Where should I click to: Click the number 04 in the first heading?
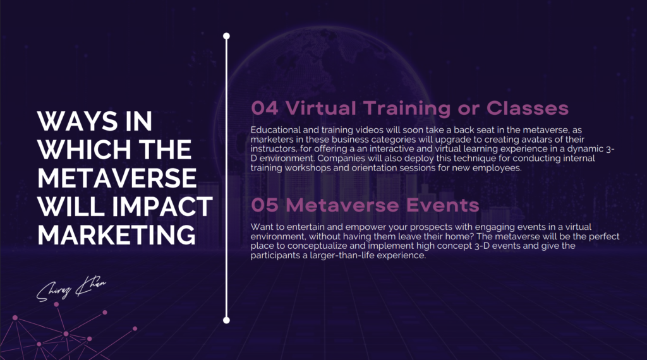265,109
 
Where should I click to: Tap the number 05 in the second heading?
265,205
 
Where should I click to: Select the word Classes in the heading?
528,109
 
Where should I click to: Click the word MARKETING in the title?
116,235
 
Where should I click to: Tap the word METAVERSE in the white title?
117,178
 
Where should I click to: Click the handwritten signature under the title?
71,288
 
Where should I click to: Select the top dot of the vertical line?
226,36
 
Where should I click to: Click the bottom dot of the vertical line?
226,320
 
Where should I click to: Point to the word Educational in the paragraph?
275,130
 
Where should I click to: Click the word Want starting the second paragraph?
261,227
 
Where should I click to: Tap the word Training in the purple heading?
407,109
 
